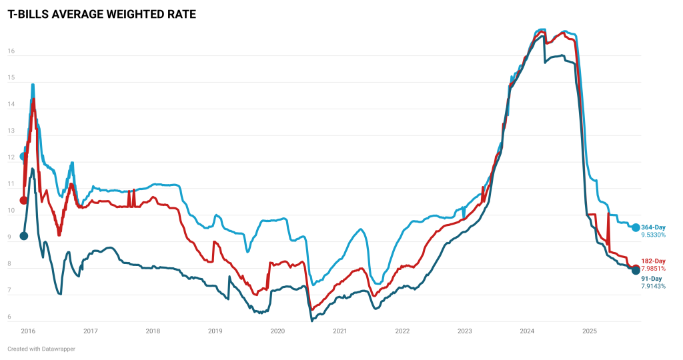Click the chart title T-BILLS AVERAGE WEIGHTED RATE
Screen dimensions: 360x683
[102, 14]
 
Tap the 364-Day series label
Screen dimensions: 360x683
[653, 227]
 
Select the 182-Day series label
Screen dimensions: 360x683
[653, 261]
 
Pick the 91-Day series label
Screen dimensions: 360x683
[651, 279]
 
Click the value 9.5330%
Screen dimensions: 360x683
[653, 235]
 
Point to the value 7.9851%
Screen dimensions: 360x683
[653, 269]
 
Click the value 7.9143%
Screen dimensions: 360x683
[653, 286]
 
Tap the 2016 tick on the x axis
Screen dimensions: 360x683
[27, 331]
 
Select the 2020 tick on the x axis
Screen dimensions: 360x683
[277, 331]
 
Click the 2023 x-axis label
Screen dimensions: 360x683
[464, 331]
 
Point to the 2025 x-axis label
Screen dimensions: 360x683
[589, 331]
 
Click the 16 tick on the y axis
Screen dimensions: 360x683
[11, 51]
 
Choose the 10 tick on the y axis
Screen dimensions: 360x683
[11, 211]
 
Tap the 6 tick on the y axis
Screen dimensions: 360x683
[10, 317]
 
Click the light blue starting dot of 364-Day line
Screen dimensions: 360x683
[24, 157]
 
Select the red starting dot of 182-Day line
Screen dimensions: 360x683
[24, 200]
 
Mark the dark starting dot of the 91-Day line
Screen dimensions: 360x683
[24, 235]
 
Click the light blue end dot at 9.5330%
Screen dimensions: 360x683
[636, 227]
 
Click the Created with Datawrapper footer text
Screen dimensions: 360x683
[41, 349]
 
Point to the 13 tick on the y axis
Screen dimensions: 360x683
[11, 131]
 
